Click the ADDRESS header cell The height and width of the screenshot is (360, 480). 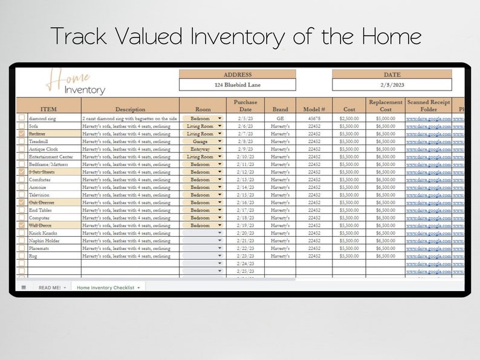(x=238, y=75)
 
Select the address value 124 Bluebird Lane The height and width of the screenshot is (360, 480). (x=238, y=85)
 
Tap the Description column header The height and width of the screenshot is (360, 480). (x=130, y=109)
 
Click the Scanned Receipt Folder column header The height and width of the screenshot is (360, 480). (x=428, y=106)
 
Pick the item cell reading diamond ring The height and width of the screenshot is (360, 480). (x=42, y=118)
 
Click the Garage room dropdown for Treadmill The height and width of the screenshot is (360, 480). (x=201, y=141)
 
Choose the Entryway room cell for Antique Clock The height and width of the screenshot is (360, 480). (x=201, y=149)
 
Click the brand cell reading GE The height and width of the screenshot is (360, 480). (x=281, y=118)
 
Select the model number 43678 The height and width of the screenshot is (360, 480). (x=314, y=118)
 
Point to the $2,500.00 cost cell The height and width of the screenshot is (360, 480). (x=349, y=118)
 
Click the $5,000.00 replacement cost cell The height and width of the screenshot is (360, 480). (x=385, y=118)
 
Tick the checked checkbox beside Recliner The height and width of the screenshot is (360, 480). (x=22, y=133)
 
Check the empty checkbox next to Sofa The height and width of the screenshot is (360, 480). (x=22, y=126)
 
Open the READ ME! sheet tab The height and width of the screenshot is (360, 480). (x=50, y=288)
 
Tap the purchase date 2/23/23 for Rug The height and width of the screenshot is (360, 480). (x=245, y=256)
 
